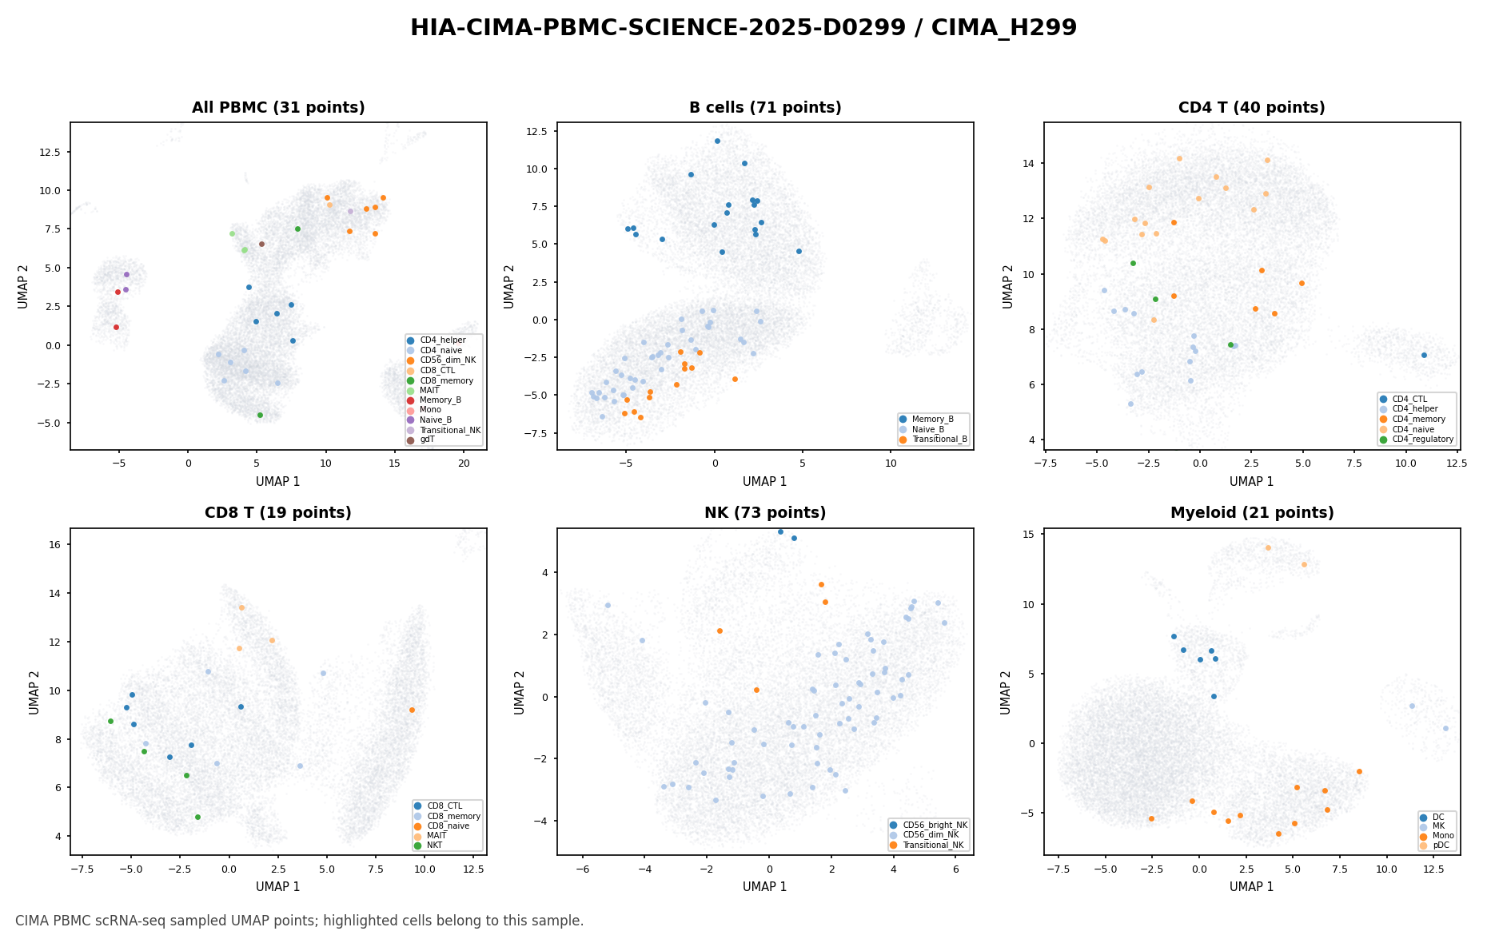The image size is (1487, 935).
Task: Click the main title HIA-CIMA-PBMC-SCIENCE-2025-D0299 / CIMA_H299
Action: (743, 28)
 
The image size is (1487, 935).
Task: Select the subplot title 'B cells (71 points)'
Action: (765, 108)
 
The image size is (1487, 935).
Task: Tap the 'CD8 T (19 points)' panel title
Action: (278, 513)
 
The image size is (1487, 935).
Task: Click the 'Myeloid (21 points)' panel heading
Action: (1252, 513)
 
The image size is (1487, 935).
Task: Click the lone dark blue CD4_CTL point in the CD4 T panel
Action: (1424, 355)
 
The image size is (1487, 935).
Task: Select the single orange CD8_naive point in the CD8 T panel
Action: (412, 710)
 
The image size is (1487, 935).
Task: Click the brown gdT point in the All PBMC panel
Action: (261, 244)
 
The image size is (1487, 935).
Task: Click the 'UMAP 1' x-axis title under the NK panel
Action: (765, 887)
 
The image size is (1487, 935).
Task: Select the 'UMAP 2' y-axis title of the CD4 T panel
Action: (1009, 286)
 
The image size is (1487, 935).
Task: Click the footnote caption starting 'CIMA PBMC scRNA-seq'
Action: (300, 921)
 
